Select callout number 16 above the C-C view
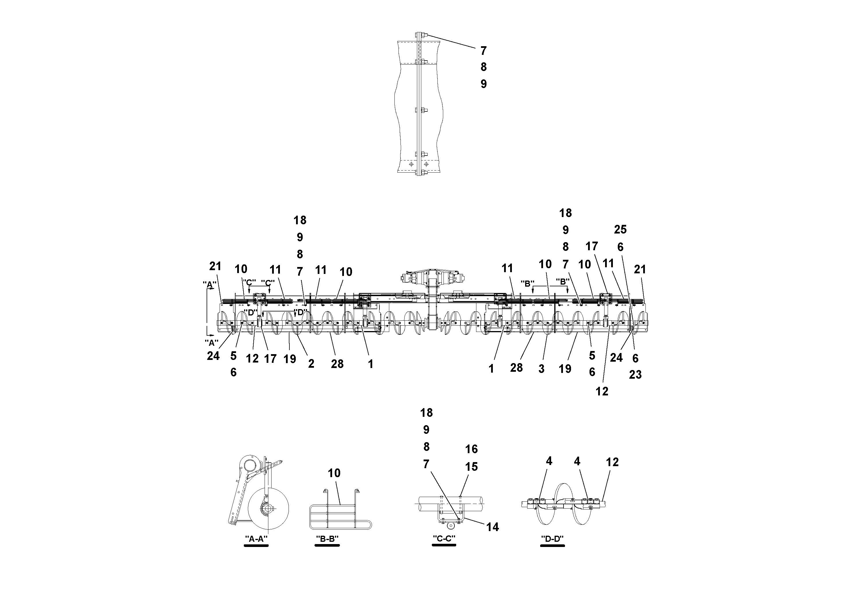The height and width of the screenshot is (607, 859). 471,449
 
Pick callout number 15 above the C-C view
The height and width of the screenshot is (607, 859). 471,467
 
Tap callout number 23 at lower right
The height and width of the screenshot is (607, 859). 635,375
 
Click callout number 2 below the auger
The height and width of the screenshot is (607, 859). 311,364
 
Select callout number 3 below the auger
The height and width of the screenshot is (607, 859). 541,369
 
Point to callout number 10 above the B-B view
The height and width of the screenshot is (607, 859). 334,473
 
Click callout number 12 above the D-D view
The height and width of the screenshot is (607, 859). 612,462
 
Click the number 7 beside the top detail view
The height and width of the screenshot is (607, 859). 483,51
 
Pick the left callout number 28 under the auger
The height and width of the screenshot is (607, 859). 337,364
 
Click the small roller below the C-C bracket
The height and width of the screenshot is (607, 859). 452,525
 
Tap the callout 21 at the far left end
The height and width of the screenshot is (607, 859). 215,266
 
